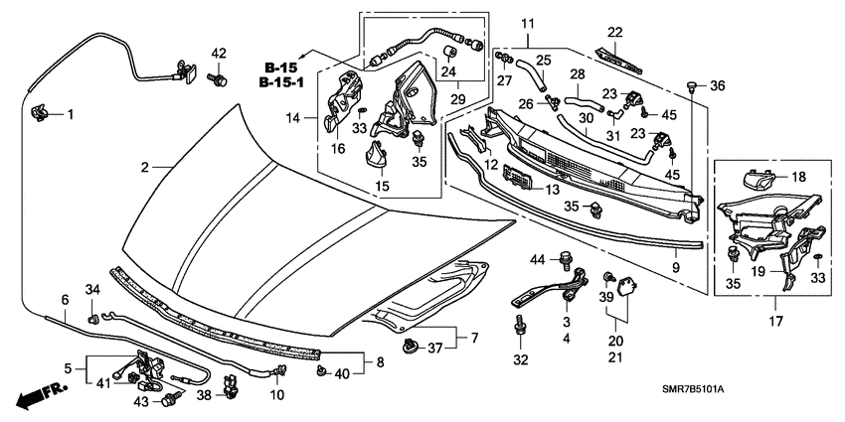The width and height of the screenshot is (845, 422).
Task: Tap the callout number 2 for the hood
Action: click(144, 168)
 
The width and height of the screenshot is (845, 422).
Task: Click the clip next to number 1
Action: click(42, 113)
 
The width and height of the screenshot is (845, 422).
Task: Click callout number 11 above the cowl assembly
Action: click(527, 23)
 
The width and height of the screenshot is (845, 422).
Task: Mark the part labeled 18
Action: click(760, 181)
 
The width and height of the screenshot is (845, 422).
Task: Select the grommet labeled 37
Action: click(409, 347)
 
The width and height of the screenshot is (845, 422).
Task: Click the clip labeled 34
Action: click(92, 320)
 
